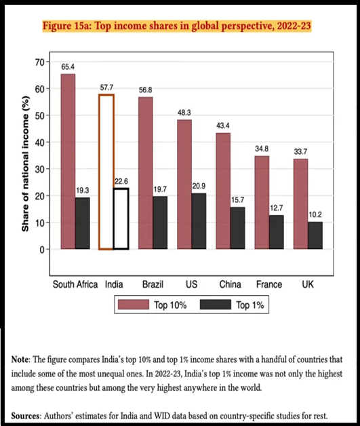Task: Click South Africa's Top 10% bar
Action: tap(68, 161)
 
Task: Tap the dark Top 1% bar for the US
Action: tap(199, 221)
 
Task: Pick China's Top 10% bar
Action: tap(223, 191)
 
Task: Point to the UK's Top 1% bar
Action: tap(315, 235)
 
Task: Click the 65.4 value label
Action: tap(68, 67)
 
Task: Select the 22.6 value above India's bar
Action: tap(121, 181)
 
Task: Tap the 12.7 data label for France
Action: tap(277, 208)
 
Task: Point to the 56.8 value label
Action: tap(146, 90)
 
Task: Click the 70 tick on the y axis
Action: tap(39, 62)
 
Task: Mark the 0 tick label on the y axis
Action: tap(42, 250)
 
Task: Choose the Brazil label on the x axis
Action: tap(153, 284)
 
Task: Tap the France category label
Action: tap(269, 284)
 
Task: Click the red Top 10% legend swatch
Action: tap(134, 305)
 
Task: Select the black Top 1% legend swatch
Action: tap(216, 305)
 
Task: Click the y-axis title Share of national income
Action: tap(25, 164)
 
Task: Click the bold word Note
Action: tap(20, 360)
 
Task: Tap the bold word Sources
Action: tap(26, 416)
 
